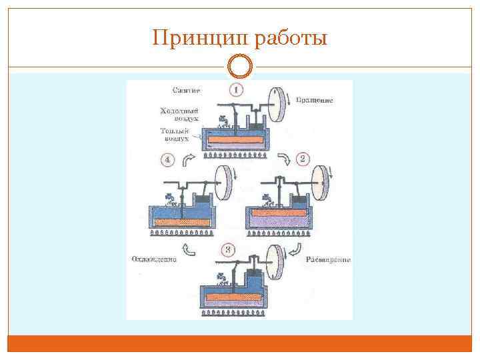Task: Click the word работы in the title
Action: [291, 39]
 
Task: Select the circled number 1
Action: [237, 89]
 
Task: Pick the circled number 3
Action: [229, 250]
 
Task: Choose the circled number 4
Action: [167, 160]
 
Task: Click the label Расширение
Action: [328, 259]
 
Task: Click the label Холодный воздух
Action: [175, 114]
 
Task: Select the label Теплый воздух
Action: [175, 135]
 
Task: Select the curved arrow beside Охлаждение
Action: [191, 251]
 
